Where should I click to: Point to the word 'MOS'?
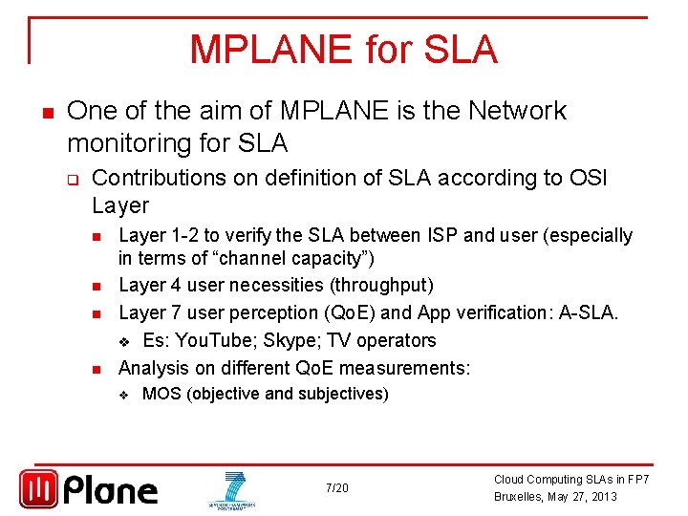[161, 394]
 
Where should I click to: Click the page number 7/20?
[336, 488]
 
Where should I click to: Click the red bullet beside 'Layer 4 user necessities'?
[98, 286]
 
